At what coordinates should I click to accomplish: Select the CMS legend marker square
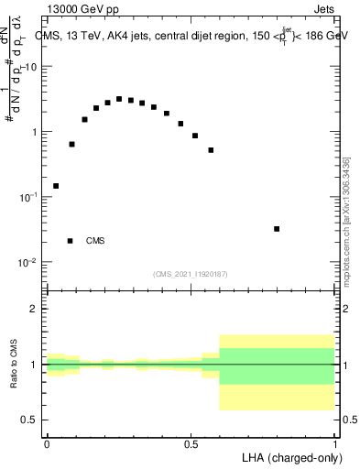click(x=71, y=241)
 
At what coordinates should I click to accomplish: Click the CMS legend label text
click(x=94, y=241)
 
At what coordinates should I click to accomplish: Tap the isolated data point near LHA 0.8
click(x=277, y=229)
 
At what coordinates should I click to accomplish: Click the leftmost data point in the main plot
click(x=56, y=186)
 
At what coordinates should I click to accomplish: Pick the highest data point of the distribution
click(x=119, y=99)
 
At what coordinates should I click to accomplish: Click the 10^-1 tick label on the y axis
click(x=30, y=197)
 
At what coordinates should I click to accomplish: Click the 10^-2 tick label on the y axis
click(x=30, y=263)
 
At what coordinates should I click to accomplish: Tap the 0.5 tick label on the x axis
click(x=191, y=443)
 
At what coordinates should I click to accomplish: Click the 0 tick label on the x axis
click(x=47, y=443)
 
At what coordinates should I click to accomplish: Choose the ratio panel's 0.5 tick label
click(x=32, y=420)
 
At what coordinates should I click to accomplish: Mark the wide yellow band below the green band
click(x=278, y=397)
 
